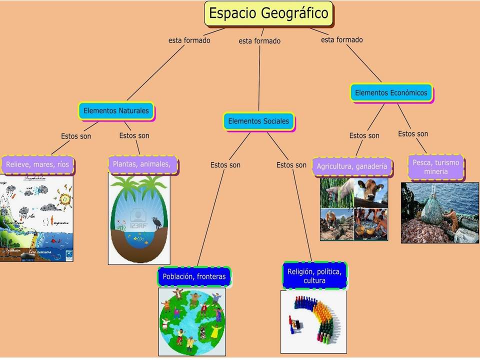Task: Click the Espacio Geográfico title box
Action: [269, 13]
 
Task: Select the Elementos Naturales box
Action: [116, 110]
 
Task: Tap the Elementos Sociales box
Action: [258, 121]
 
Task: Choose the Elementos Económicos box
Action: [391, 92]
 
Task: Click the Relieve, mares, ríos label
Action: [37, 163]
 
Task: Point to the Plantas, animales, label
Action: [143, 164]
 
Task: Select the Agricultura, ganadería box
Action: [352, 166]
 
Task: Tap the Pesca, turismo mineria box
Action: [435, 167]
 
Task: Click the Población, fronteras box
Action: [194, 276]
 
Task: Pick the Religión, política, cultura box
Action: [314, 276]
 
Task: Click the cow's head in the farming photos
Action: [372, 190]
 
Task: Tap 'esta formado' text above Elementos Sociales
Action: [259, 41]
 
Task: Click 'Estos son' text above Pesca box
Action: [413, 133]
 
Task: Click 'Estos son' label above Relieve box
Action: [76, 136]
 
